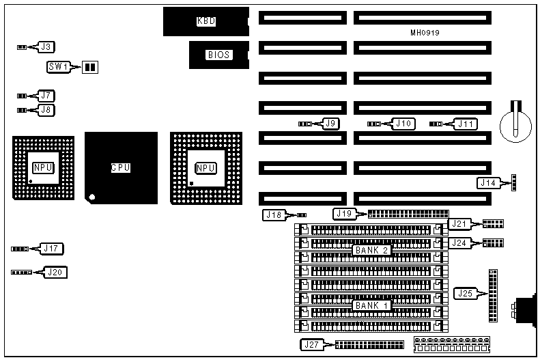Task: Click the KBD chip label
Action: [206, 21]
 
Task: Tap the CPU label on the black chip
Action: [121, 167]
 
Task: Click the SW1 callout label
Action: [58, 67]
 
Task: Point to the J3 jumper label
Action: [46, 47]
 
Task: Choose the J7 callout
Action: [46, 96]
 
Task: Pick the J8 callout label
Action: [46, 109]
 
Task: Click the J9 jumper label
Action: [331, 124]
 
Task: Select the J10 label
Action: [403, 124]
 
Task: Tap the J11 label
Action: [466, 124]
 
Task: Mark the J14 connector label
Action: [488, 182]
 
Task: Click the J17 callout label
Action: [52, 248]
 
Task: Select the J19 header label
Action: [343, 214]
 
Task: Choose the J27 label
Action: [311, 344]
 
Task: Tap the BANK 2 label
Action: [372, 251]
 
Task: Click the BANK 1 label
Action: [372, 305]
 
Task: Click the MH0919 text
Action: [425, 32]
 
